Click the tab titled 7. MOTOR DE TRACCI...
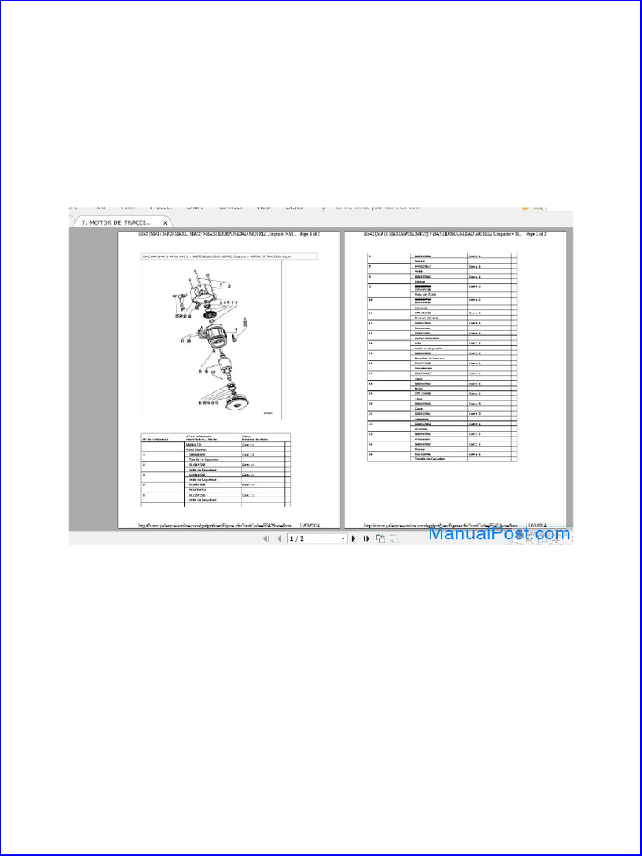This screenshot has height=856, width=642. (x=116, y=222)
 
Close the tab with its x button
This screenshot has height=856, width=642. (x=166, y=223)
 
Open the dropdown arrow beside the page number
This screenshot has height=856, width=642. (x=343, y=539)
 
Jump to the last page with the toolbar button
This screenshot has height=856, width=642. (x=366, y=539)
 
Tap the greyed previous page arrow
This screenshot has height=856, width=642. (x=278, y=539)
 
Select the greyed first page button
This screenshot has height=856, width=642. (x=267, y=539)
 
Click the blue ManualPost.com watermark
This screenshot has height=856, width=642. (x=500, y=533)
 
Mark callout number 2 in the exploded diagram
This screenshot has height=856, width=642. (x=217, y=286)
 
